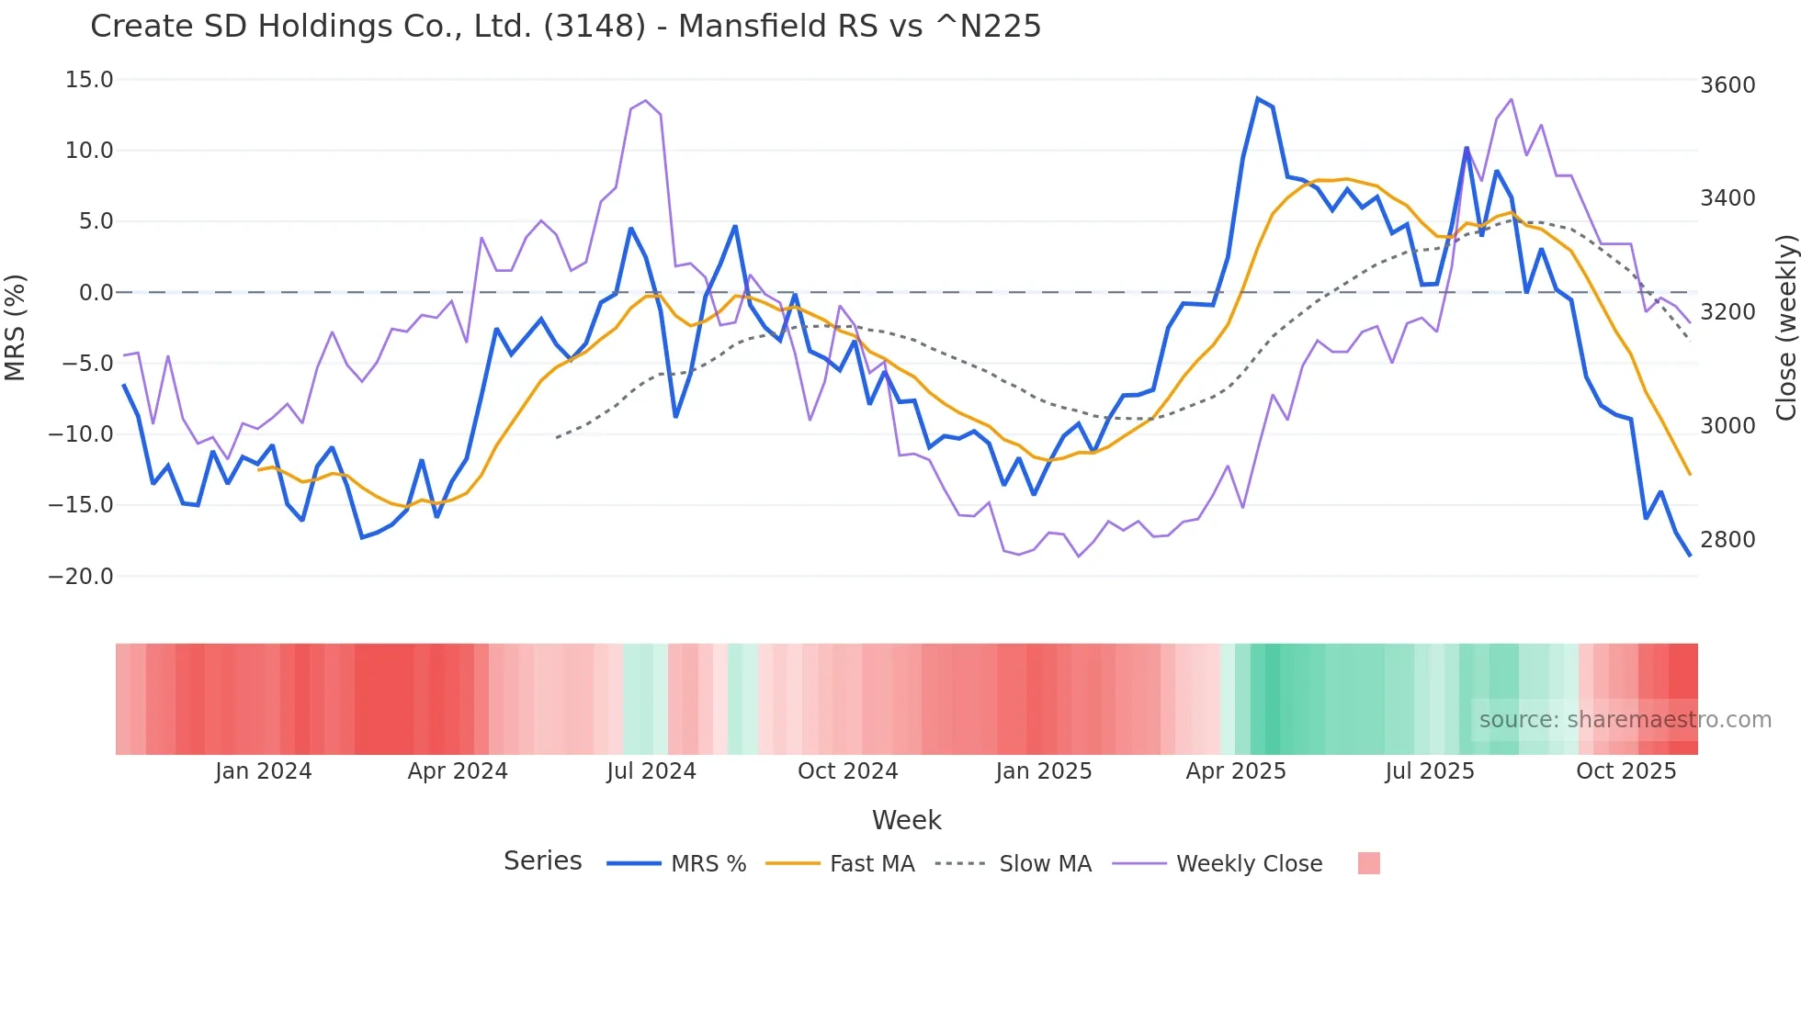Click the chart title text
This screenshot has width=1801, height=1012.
(x=565, y=27)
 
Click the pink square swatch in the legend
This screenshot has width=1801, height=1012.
(x=1368, y=863)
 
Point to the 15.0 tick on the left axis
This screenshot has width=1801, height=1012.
(x=89, y=80)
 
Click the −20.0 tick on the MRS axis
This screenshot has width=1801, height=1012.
(x=81, y=577)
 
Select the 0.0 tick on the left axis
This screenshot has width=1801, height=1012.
(x=96, y=293)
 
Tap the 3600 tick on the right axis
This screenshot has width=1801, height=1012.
(x=1727, y=85)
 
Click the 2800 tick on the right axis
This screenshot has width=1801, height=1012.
(x=1727, y=540)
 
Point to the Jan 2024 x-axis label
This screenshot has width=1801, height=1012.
(x=264, y=771)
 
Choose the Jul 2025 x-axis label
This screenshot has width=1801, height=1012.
(x=1430, y=771)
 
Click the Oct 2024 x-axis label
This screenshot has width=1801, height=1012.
(x=847, y=771)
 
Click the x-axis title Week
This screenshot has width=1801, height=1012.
(x=906, y=820)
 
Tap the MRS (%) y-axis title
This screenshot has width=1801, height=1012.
(x=16, y=327)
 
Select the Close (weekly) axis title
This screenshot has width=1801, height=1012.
(x=1785, y=327)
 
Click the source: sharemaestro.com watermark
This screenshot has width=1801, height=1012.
(x=1625, y=720)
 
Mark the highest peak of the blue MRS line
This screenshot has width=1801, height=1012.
(x=1258, y=98)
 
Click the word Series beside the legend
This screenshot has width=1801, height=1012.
(x=542, y=861)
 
